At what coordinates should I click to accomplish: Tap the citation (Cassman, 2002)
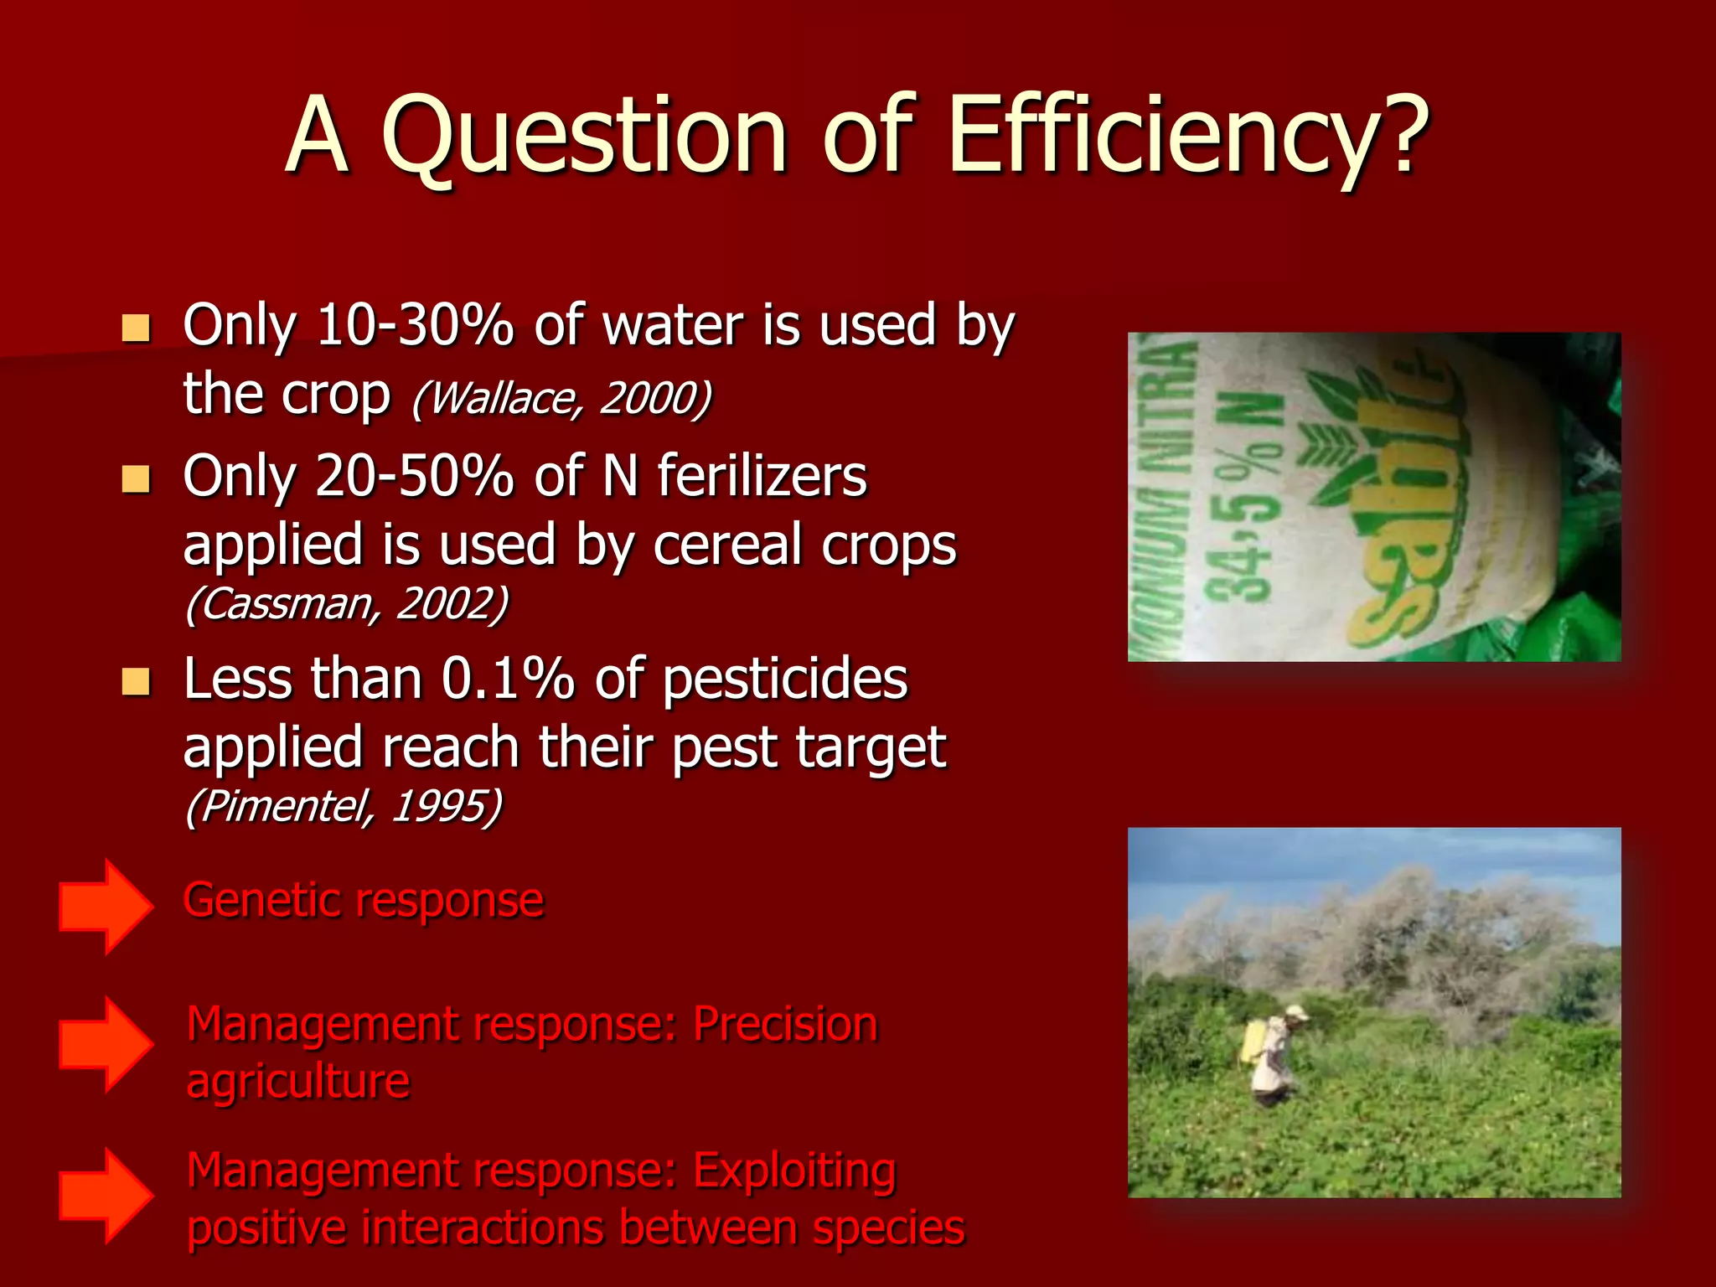click(346, 602)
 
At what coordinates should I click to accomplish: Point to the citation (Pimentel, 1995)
click(343, 805)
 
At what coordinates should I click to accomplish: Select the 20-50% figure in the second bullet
click(415, 475)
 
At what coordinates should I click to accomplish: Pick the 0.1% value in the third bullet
click(508, 678)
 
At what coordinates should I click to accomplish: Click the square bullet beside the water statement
click(135, 328)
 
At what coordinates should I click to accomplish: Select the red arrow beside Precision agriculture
click(106, 1044)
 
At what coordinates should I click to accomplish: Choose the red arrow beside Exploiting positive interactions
click(106, 1195)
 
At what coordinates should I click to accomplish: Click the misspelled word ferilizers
click(762, 475)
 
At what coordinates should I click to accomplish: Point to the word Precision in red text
click(785, 1024)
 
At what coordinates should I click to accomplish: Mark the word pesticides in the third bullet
click(785, 678)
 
